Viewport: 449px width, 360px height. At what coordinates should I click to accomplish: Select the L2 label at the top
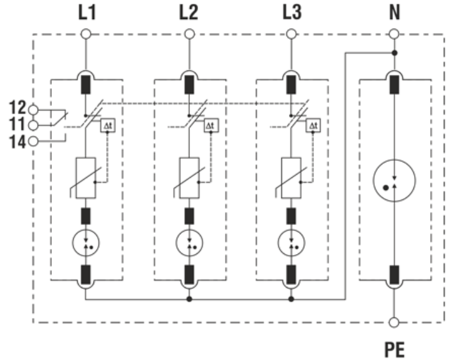(x=189, y=13)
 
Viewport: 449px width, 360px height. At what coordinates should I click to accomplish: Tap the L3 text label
(x=292, y=13)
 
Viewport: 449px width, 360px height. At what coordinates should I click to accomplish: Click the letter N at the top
(x=394, y=13)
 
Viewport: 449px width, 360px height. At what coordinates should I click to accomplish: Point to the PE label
(x=394, y=349)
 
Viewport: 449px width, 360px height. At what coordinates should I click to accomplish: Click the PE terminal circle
(x=394, y=323)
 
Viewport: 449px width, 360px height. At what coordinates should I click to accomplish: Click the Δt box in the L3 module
(x=313, y=126)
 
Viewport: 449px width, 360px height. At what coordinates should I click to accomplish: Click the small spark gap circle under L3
(x=292, y=241)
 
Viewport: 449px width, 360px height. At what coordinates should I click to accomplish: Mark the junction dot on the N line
(x=394, y=53)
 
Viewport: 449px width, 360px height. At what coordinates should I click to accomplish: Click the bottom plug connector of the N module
(x=394, y=274)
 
